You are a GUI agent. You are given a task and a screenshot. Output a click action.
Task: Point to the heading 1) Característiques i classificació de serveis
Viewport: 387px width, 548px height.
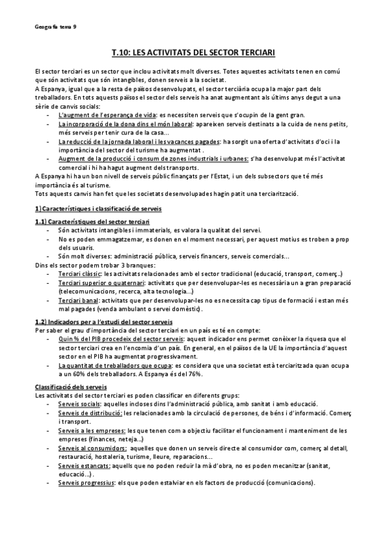coord(98,209)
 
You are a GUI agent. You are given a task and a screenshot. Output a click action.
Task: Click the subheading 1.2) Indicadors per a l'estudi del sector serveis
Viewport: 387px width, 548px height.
coord(103,321)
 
